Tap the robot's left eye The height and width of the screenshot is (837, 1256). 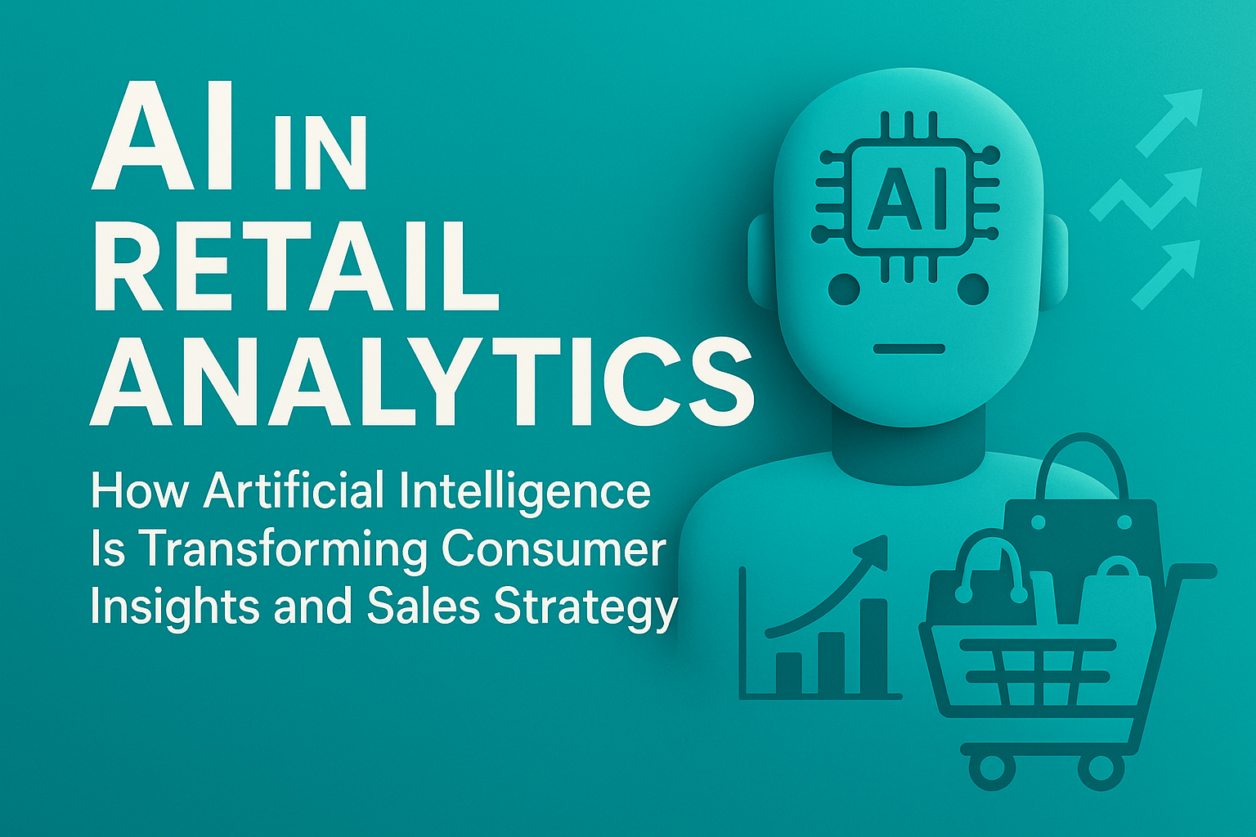pos(844,289)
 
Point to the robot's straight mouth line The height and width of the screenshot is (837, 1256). pos(908,349)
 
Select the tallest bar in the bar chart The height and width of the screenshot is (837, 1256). pos(872,646)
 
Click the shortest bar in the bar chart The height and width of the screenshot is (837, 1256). pos(789,672)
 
